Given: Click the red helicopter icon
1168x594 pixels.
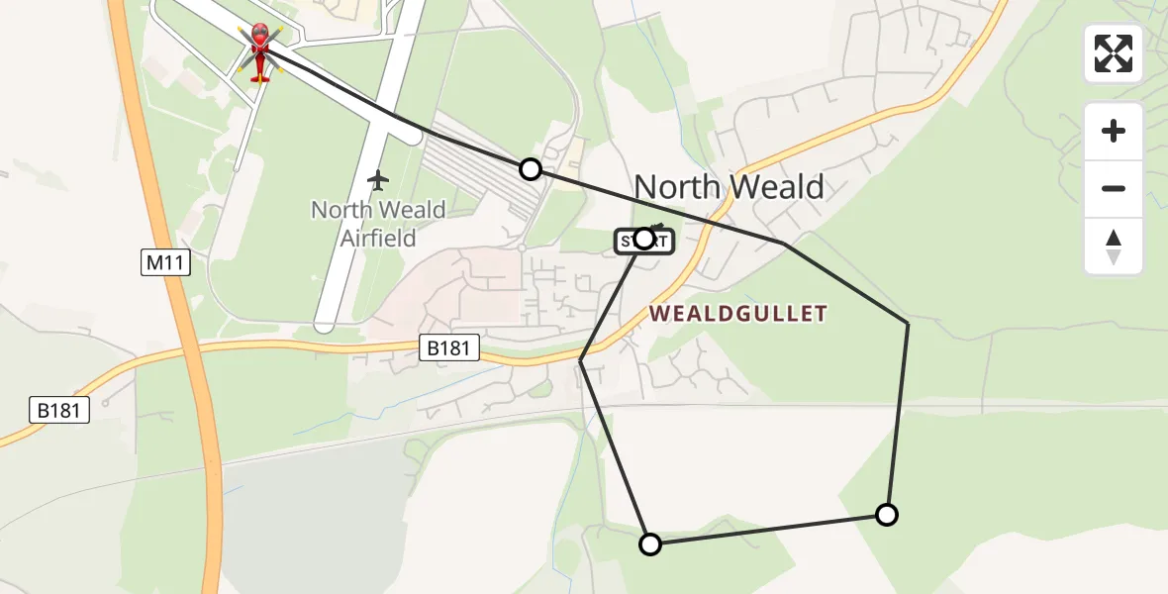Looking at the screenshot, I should tap(259, 51).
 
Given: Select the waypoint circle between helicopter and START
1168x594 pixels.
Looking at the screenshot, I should tap(531, 169).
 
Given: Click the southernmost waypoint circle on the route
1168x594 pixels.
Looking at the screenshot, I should tap(650, 544).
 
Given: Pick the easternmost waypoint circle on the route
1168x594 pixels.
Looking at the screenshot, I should tap(887, 514).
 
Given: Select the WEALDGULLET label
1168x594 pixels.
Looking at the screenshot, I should tap(737, 314).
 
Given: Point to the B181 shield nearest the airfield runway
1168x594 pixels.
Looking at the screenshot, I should tap(450, 347).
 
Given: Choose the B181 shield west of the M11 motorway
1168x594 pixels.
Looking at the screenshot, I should tap(57, 410).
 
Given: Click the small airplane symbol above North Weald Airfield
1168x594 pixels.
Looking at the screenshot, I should tap(377, 180).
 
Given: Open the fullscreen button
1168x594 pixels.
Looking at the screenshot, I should tap(1114, 53).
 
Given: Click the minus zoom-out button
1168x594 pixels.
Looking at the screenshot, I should tap(1114, 188).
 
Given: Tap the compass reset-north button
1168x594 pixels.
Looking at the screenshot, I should tap(1114, 247).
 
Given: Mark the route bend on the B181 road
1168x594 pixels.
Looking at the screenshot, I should tap(581, 361).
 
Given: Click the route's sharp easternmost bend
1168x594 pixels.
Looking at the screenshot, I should tap(908, 324).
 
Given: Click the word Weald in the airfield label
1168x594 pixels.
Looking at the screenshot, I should tap(406, 210).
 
